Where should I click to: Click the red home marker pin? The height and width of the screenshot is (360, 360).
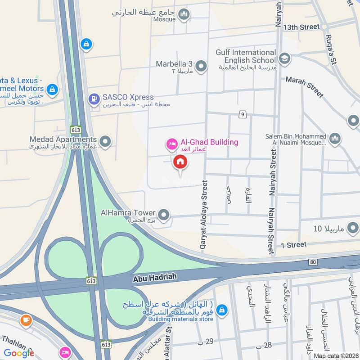180,162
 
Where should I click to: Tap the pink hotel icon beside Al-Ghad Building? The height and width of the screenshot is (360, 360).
171,144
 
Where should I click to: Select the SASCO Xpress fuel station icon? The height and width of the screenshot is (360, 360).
94,99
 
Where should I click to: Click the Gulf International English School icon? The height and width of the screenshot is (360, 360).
284,58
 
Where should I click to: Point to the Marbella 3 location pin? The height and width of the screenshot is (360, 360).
201,67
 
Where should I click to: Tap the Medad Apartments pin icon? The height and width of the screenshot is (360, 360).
105,142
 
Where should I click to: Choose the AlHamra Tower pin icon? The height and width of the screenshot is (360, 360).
164,215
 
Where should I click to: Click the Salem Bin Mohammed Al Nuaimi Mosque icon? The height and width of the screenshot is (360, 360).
334,139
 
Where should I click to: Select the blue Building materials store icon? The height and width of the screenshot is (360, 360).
221,310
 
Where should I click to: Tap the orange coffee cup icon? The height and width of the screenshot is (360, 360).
26,320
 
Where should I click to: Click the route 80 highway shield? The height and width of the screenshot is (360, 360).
313,262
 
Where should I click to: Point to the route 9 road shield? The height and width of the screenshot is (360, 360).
243,115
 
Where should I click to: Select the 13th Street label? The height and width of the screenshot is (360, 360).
301,27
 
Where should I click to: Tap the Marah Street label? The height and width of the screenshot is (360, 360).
305,86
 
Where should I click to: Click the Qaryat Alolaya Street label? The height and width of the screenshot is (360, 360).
204,215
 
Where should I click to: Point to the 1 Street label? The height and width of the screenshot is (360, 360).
293,245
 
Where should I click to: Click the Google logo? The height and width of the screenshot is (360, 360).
19,353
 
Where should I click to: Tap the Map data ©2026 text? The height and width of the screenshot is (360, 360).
335,355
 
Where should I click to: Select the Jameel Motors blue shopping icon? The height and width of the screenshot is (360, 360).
53,89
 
